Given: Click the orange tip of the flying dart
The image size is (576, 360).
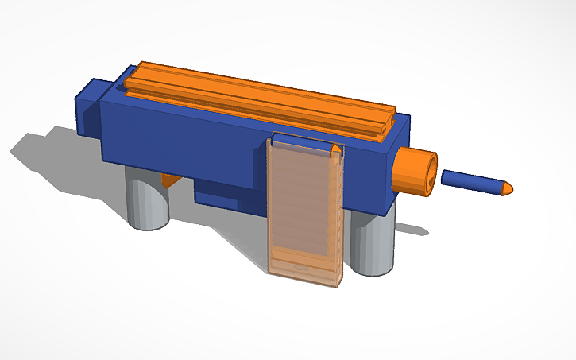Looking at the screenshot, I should click(506, 188).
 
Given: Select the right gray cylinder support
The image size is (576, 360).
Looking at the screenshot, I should click(371, 242).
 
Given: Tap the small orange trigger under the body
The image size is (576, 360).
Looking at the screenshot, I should click(168, 179).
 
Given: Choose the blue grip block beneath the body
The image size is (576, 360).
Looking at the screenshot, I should click(222, 193).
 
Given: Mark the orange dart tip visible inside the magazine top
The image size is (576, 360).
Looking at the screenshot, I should click(337, 149).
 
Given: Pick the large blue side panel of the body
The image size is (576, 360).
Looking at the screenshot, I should click(183, 135).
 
